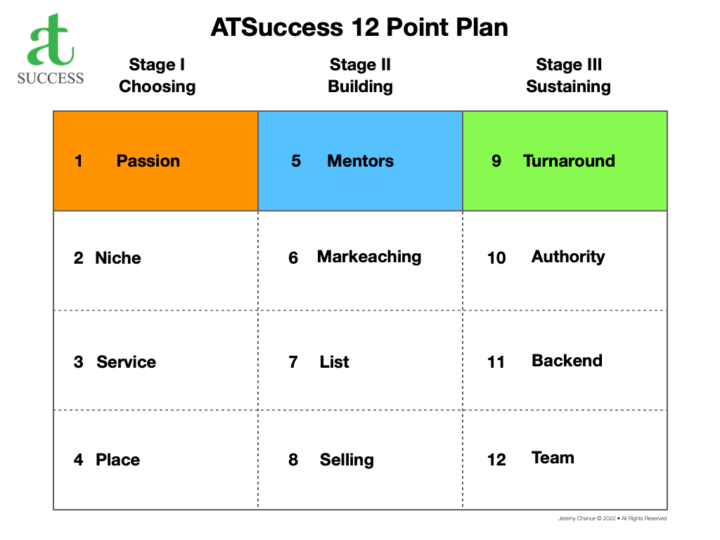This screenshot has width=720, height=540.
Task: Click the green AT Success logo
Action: pos(50,49)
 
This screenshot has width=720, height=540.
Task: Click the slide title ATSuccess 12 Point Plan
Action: pos(359,28)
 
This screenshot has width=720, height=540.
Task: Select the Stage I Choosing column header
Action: pos(157,76)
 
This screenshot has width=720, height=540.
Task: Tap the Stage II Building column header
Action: pos(360,76)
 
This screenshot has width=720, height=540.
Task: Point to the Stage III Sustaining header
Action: pos(568,76)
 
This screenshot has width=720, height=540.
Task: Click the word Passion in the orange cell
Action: pos(148,161)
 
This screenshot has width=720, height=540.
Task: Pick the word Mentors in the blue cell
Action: pos(360,161)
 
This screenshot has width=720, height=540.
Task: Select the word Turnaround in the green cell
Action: pos(569,161)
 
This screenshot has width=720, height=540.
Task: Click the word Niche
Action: pos(118,258)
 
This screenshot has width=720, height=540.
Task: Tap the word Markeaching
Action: pos(369,257)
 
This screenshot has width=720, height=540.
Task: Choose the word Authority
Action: pos(568,257)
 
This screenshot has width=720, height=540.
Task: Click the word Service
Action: pos(127,362)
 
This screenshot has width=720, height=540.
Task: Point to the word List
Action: pos(334,362)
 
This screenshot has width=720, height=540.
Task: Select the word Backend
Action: pos(567,361)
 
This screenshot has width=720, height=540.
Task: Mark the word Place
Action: pos(117,460)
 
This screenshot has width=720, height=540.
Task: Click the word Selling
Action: pos(347,460)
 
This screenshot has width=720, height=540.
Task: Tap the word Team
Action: pos(553,458)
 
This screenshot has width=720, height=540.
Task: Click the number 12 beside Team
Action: pos(496,460)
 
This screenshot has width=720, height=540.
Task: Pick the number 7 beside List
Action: pos(293,362)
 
